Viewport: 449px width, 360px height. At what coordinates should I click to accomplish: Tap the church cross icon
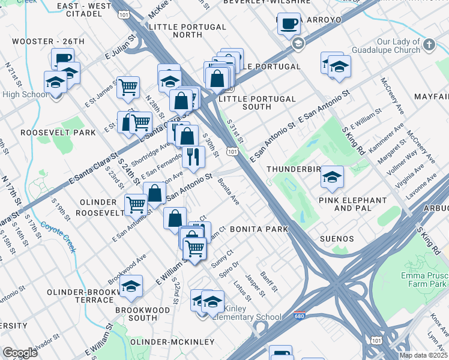[x=429, y=44]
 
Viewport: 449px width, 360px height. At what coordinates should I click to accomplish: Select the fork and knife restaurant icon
[x=193, y=157]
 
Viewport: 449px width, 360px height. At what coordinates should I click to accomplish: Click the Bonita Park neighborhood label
[x=259, y=229]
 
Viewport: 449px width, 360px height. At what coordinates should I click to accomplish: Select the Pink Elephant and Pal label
[x=352, y=204]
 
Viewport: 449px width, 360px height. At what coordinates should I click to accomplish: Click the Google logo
[x=20, y=353]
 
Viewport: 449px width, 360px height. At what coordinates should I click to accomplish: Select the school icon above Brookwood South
[x=131, y=288]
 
